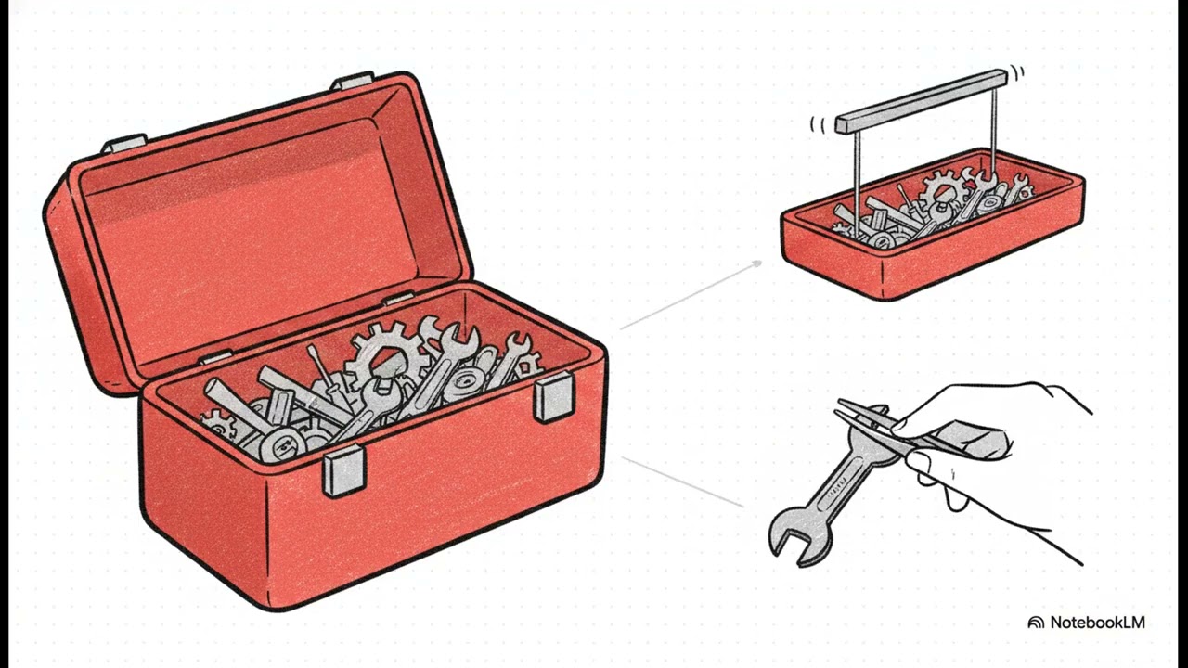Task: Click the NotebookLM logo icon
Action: point(1036,623)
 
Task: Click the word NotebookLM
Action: point(1097,623)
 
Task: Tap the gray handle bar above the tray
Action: point(922,101)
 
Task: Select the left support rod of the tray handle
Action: point(857,184)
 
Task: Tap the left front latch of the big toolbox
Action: point(344,472)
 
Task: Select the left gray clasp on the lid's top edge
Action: point(124,143)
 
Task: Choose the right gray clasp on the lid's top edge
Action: point(352,81)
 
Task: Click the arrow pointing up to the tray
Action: point(691,295)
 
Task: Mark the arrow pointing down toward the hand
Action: point(682,482)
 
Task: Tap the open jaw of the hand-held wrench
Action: point(792,536)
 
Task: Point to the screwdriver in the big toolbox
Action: point(325,372)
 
